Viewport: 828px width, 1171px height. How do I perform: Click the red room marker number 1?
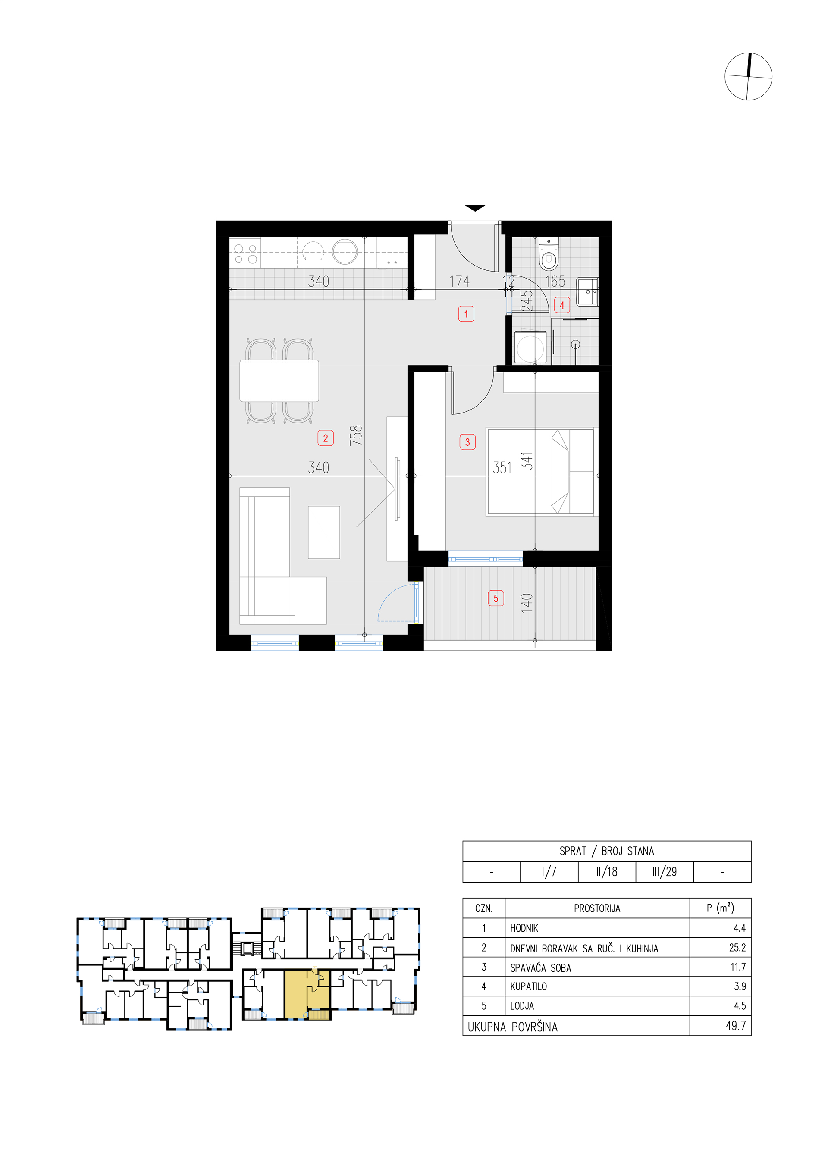(466, 314)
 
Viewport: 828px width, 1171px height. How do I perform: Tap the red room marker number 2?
(326, 438)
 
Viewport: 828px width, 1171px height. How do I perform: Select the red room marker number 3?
(467, 441)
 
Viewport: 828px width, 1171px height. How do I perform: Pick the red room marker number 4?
(561, 305)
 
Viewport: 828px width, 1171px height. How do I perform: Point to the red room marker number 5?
(496, 598)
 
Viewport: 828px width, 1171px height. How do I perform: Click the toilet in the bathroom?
(549, 254)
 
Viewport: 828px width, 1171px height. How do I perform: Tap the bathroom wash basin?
(587, 292)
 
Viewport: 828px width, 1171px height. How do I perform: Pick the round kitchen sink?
(345, 251)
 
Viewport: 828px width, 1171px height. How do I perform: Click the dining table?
(279, 380)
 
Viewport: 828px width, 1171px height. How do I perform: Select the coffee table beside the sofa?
(324, 532)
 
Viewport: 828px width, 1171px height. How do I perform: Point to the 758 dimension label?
(356, 435)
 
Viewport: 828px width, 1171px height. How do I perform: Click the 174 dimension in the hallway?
(459, 281)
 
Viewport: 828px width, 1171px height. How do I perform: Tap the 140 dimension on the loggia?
(527, 603)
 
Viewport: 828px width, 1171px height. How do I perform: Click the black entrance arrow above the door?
(475, 208)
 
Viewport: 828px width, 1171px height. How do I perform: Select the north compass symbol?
(748, 76)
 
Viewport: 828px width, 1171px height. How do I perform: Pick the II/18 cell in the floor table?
(607, 872)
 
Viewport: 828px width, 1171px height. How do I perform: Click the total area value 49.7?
(736, 1026)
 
